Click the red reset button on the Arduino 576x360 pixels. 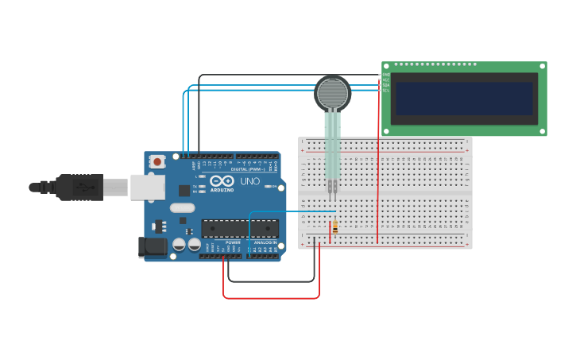[x=157, y=162]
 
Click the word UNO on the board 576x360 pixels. [x=249, y=182]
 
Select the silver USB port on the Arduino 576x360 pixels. [x=148, y=187]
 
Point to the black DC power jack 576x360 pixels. [x=153, y=247]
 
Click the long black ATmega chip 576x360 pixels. [x=239, y=229]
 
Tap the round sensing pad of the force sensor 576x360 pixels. [x=332, y=93]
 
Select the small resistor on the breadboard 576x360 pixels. [x=335, y=227]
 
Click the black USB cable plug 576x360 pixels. [x=79, y=187]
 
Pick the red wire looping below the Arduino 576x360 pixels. [x=270, y=298]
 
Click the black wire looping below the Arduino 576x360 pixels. [x=270, y=281]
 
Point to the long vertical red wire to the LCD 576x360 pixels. [x=378, y=159]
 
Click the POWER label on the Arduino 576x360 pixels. [x=233, y=242]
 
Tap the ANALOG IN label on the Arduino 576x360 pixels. [x=265, y=242]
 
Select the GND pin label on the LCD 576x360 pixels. [x=386, y=75]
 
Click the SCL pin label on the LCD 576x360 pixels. [x=386, y=91]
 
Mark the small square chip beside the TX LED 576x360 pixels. [x=184, y=191]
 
